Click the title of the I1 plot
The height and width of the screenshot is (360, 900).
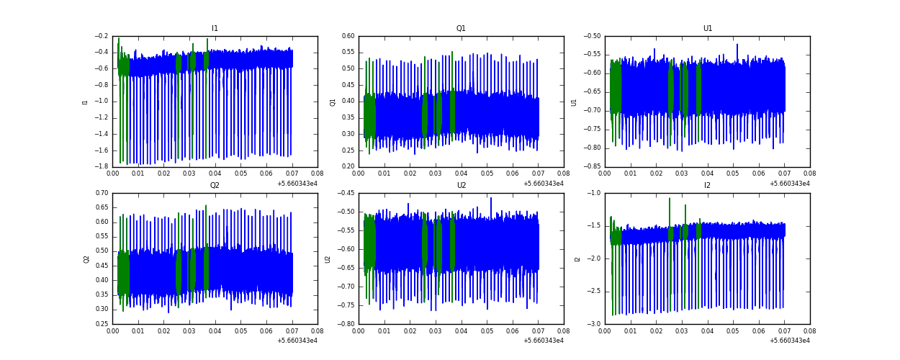pos(215,29)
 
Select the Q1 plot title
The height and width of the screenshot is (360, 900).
pos(461,29)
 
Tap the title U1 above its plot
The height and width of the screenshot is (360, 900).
pos(707,29)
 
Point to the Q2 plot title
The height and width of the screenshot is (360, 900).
pos(215,186)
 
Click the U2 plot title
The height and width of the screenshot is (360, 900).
pos(461,186)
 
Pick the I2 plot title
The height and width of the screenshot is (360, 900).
pos(707,186)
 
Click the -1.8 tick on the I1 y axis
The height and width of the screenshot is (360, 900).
pos(102,167)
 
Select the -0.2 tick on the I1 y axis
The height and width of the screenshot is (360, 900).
pos(102,36)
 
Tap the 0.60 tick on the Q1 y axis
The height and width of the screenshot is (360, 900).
pos(348,36)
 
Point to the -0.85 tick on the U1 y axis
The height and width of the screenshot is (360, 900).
pos(593,167)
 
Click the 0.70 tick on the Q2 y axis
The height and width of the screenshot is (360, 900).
pos(102,193)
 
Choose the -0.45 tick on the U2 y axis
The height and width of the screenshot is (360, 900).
pos(346,193)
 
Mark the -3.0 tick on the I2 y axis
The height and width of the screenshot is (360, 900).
pos(594,324)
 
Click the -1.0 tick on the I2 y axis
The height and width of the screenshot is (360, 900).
pos(594,193)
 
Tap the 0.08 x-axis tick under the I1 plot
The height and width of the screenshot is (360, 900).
pos(318,174)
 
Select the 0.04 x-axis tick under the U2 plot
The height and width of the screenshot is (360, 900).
pos(461,330)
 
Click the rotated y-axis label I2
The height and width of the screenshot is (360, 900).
pos(577,258)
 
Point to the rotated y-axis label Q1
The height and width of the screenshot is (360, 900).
pos(333,102)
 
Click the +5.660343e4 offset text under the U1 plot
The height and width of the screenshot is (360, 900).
pos(789,184)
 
